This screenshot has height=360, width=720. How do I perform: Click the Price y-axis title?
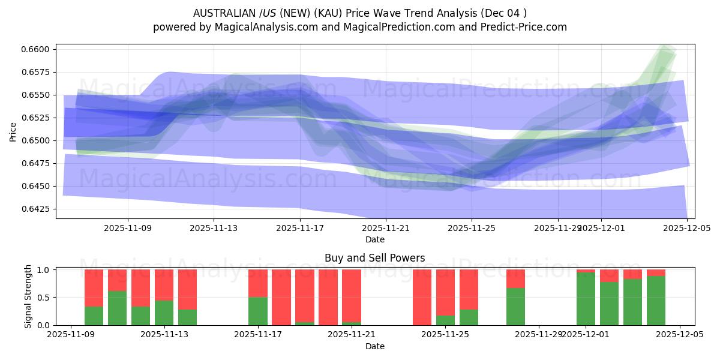13,131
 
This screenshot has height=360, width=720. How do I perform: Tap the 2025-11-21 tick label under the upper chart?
386,229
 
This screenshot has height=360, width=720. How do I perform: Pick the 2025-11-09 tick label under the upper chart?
128,229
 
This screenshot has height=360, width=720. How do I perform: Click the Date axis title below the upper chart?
375,239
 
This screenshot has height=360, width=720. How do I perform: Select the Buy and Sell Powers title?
375,258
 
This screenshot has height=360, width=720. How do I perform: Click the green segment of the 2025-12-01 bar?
586,299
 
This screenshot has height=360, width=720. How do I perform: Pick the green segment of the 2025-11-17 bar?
258,311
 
